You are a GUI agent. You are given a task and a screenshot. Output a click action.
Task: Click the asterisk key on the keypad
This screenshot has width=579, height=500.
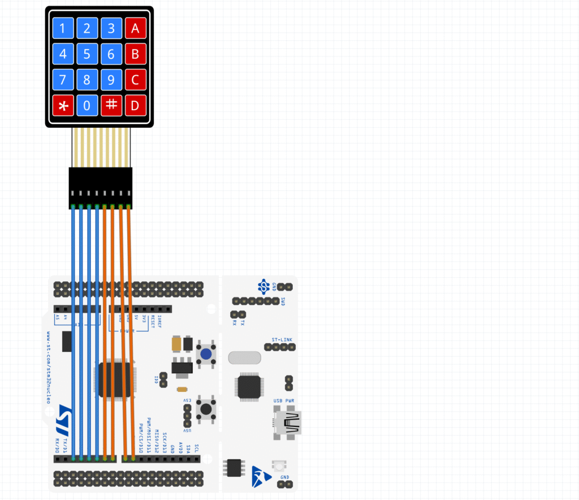click(63, 105)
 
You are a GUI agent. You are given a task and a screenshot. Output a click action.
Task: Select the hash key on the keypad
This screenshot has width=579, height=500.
click(111, 105)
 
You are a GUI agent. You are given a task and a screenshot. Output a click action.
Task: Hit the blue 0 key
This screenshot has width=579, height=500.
click(87, 105)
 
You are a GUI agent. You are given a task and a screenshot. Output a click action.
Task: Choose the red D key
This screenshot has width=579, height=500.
click(136, 105)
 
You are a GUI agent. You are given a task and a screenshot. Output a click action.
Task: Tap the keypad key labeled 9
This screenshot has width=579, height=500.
click(111, 80)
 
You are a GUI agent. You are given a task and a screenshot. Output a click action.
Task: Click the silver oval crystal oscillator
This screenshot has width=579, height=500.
click(244, 357)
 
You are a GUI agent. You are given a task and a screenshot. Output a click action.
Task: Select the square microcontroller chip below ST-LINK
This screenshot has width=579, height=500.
click(249, 387)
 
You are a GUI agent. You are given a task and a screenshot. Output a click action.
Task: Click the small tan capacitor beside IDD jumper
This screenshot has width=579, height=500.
click(182, 389)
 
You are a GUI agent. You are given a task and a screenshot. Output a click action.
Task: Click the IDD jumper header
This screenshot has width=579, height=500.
click(164, 380)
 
